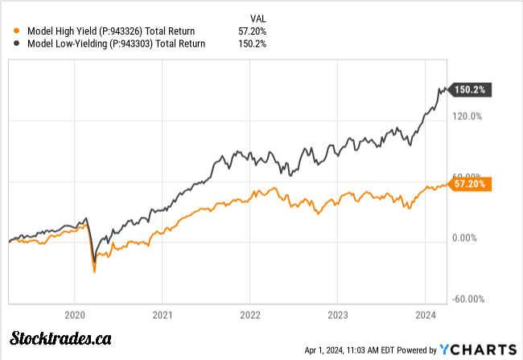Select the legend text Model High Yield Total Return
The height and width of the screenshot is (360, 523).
(x=116, y=31)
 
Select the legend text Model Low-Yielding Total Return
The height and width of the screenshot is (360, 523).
(x=116, y=43)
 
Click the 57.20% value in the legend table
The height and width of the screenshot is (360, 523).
(x=255, y=31)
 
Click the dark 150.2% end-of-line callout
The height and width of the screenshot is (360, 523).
(x=470, y=89)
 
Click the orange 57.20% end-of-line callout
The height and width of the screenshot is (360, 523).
(x=470, y=184)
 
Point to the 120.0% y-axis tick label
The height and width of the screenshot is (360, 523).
(x=466, y=116)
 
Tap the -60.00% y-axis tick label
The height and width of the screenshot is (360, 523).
(x=466, y=299)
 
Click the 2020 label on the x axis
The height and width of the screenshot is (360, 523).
(x=74, y=315)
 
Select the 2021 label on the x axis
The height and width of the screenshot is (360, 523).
(x=163, y=315)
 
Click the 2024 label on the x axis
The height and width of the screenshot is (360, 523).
(x=426, y=315)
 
